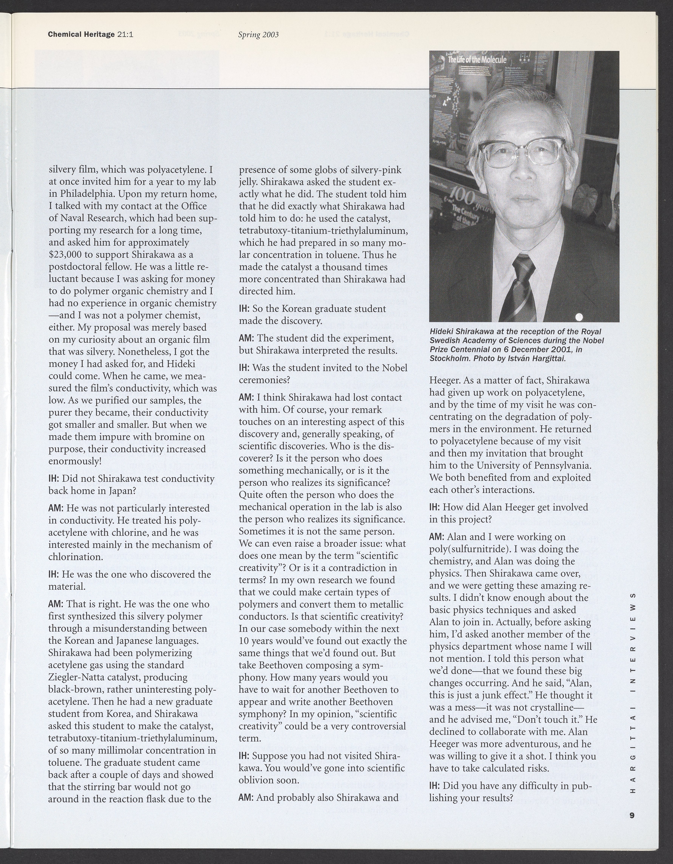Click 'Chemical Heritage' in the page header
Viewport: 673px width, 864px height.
(x=81, y=34)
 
